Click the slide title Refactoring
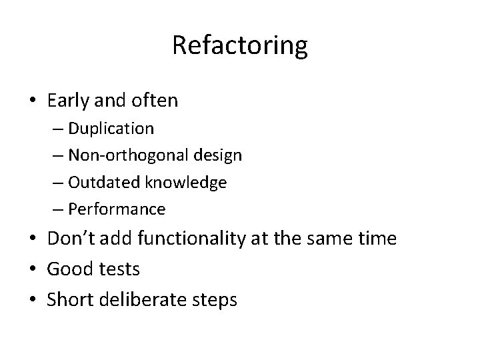pos(240,45)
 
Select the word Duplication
pos(111,128)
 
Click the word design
pos(218,155)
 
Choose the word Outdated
pos(103,182)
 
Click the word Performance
pos(117,209)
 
